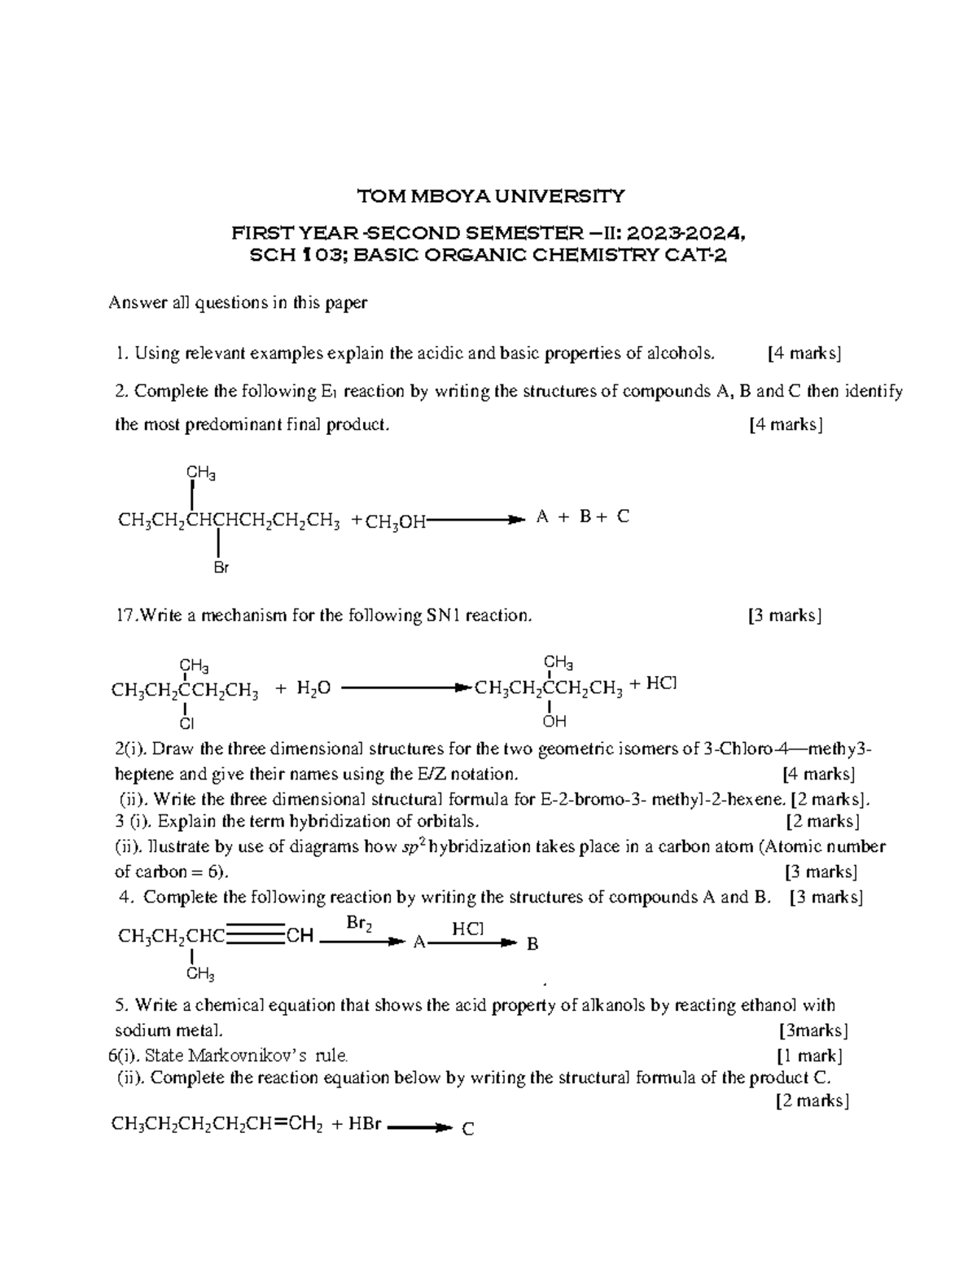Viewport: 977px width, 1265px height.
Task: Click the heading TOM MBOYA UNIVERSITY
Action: [x=492, y=195]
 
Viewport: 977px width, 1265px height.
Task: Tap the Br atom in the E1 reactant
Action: [x=221, y=568]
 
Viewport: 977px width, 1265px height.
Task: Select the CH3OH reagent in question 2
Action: [x=396, y=522]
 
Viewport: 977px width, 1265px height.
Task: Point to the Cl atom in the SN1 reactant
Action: [x=186, y=723]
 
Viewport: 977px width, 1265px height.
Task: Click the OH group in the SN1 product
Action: [x=554, y=722]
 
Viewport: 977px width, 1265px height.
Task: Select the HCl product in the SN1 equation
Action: [x=661, y=684]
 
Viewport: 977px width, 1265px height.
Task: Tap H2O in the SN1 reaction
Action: [x=313, y=689]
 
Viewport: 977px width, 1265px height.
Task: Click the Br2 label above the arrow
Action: [x=360, y=923]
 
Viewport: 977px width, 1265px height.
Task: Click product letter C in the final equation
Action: [x=467, y=1129]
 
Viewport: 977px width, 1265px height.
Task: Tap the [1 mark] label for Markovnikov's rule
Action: [x=809, y=1056]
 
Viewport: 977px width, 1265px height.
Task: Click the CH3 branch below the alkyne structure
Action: [x=200, y=974]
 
